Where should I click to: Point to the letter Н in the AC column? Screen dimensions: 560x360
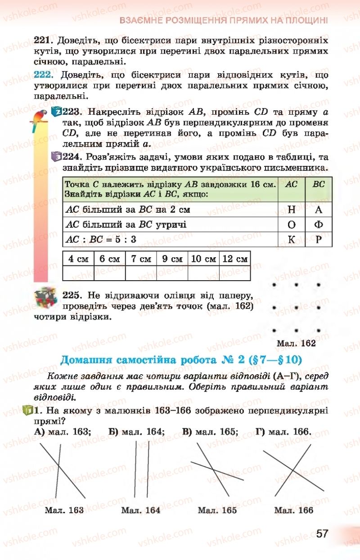[x=291, y=209]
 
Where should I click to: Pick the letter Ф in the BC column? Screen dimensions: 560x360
[x=319, y=224]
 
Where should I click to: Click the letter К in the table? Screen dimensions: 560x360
[x=291, y=240]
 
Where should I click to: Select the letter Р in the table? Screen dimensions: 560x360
[x=319, y=240]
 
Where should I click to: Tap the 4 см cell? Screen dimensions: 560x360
[x=78, y=259]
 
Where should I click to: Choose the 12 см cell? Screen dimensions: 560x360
[x=235, y=259]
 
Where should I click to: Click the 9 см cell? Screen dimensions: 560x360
[x=172, y=259]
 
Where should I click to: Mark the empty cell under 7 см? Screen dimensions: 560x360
[x=141, y=273]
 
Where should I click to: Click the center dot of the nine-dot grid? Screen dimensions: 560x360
[x=296, y=308]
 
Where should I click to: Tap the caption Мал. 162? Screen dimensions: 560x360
[x=296, y=343]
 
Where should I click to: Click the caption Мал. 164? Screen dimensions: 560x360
[x=141, y=510]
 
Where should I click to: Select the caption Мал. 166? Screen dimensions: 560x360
[x=294, y=510]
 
